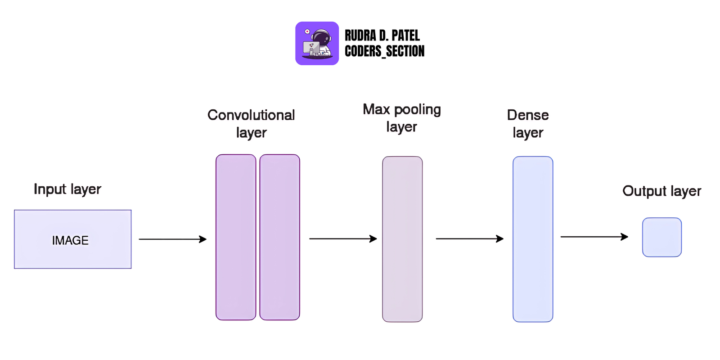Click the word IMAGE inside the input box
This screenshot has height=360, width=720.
pos(70,240)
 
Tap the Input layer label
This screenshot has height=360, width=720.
pos(67,189)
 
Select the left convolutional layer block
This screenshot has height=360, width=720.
pos(236,237)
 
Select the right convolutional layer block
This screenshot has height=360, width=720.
pos(279,237)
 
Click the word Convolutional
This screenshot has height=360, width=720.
pos(251,115)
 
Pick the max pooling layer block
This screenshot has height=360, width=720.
pos(402,239)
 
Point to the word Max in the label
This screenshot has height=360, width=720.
pos(376,109)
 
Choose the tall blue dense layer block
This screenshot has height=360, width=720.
pos(533,239)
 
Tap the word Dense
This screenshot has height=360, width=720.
pos(528,115)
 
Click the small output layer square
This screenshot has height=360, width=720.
pos(661,237)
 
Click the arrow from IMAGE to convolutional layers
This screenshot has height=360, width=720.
pos(172,239)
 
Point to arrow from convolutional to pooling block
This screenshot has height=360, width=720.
pos(342,239)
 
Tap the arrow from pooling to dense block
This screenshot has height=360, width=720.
pos(469,239)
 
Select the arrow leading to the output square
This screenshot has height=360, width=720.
pos(594,237)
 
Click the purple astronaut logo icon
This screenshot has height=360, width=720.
pos(317,44)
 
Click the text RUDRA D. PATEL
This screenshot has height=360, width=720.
pos(382,36)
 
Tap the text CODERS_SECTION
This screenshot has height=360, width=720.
pos(384,51)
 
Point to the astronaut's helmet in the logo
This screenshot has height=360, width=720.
pos(321,36)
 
